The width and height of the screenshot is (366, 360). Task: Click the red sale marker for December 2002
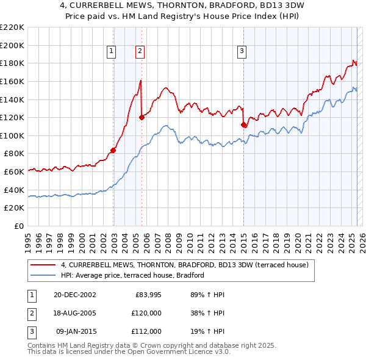(x=113, y=150)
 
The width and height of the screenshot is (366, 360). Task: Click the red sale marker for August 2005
(x=142, y=117)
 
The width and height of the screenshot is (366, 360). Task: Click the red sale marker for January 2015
(x=243, y=124)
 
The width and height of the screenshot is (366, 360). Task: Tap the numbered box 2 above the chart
(x=140, y=52)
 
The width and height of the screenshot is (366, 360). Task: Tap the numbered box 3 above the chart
(x=242, y=52)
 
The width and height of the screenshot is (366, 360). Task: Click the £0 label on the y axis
(x=19, y=226)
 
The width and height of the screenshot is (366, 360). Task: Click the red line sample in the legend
(x=42, y=265)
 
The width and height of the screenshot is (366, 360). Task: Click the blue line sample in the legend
(x=42, y=275)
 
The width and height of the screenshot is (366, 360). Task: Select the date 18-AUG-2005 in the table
(x=75, y=313)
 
